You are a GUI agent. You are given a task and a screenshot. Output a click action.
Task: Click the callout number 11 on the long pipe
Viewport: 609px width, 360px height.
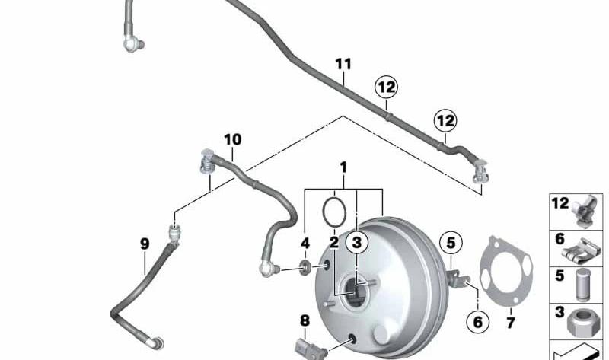(x=343, y=64)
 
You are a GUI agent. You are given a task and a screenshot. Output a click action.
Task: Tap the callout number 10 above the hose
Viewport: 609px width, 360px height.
(x=233, y=139)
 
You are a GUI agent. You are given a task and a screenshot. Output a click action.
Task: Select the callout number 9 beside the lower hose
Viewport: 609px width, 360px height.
(x=145, y=244)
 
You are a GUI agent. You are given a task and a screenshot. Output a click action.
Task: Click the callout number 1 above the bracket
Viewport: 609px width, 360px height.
(x=343, y=167)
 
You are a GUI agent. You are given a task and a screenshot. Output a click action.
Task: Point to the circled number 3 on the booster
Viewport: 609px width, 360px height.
(x=356, y=242)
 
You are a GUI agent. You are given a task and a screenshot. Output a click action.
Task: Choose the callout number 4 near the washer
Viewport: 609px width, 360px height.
(x=305, y=244)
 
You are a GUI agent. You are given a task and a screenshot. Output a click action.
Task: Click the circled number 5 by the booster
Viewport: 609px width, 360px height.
(x=451, y=243)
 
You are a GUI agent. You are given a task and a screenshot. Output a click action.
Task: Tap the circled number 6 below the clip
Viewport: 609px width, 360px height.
(x=478, y=322)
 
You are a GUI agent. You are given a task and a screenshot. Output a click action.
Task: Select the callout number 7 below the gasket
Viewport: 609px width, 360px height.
(x=510, y=323)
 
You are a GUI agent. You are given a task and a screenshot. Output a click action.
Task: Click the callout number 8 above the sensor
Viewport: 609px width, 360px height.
(x=305, y=320)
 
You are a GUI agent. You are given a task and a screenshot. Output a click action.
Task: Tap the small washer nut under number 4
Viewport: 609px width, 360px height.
(x=305, y=268)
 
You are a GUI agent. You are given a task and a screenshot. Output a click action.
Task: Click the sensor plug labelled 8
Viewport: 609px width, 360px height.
(x=311, y=348)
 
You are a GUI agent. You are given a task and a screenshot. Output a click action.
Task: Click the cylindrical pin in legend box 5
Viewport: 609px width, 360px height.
(x=582, y=285)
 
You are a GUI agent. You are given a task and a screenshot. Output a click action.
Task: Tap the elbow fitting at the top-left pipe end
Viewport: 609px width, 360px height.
(x=133, y=43)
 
